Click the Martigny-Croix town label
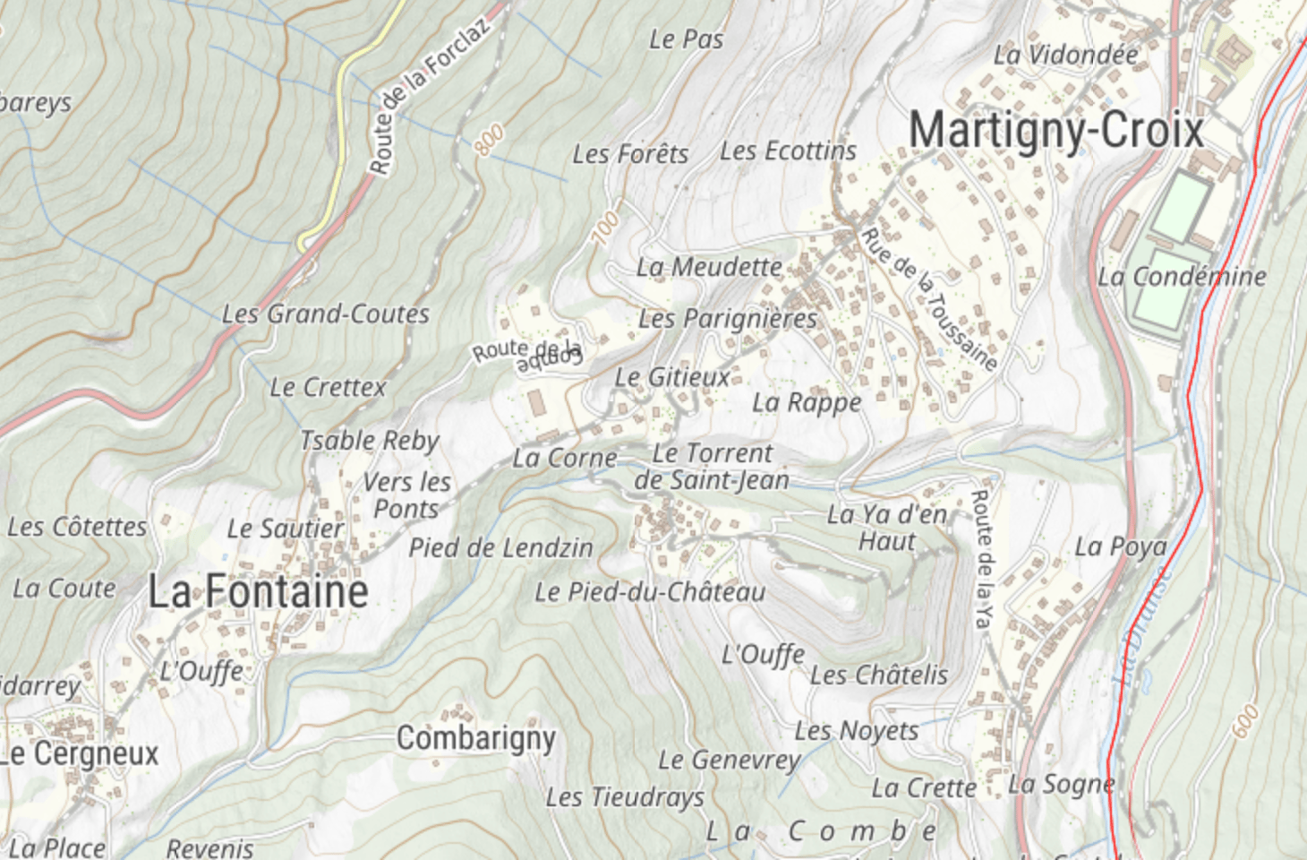pyautogui.click(x=1056, y=131)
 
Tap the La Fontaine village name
pyautogui.click(x=258, y=592)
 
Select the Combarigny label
pyautogui.click(x=476, y=739)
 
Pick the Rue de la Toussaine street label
pyautogui.click(x=929, y=299)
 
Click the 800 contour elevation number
pyautogui.click(x=489, y=141)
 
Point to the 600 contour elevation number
pyautogui.click(x=1245, y=721)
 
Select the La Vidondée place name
pyautogui.click(x=1065, y=55)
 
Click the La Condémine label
pyautogui.click(x=1182, y=277)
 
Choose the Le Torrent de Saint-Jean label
pyautogui.click(x=712, y=467)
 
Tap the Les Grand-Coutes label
pyautogui.click(x=326, y=314)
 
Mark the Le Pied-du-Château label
pyautogui.click(x=650, y=592)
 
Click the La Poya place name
pyautogui.click(x=1121, y=546)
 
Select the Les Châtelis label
pyautogui.click(x=878, y=675)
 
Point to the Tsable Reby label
pyautogui.click(x=369, y=441)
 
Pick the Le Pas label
pyautogui.click(x=686, y=39)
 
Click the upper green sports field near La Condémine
pyautogui.click(x=1182, y=207)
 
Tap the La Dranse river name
pyautogui.click(x=1141, y=627)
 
